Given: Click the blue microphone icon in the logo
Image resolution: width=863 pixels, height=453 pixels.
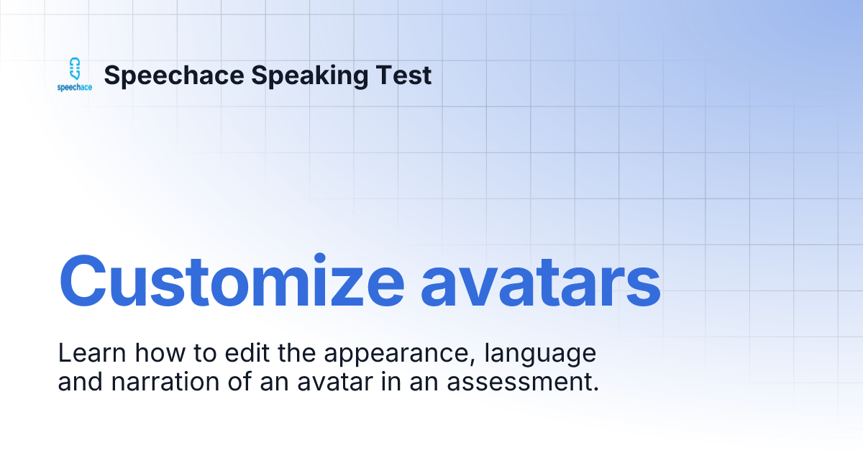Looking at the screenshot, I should [x=73, y=69].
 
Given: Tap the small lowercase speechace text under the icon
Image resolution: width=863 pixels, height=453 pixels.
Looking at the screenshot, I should [x=75, y=88].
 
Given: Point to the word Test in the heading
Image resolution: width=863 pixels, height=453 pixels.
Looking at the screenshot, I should [x=407, y=75].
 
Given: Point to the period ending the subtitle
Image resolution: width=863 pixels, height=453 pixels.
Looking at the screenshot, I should [x=596, y=389].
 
